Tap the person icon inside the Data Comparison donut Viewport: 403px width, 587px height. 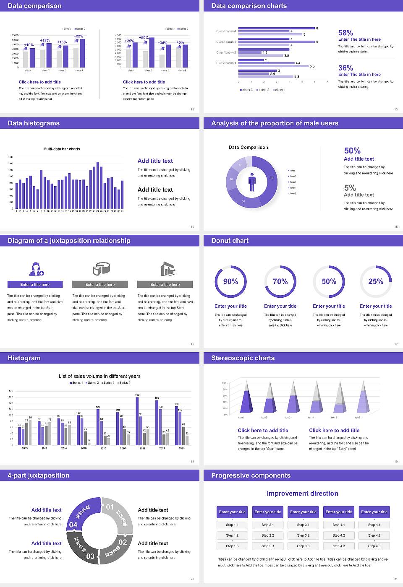pos(252,182)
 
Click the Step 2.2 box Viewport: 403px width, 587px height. pos(268,535)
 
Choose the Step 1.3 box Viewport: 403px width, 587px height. pos(232,546)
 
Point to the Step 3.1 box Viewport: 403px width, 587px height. pos(304,525)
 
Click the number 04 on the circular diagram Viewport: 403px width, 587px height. pos(73,525)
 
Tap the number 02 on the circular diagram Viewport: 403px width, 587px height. pos(123,542)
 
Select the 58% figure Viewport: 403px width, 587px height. pos(345,33)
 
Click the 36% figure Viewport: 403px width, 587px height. pos(345,68)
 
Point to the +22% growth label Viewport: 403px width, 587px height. pos(79,36)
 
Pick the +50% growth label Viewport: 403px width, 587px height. pos(144,38)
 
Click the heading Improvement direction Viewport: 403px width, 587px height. pos(302,493)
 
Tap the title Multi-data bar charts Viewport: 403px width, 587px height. pos(62,149)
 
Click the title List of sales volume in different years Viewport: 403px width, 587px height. pos(99,376)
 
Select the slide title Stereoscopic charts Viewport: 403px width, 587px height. pos(243,358)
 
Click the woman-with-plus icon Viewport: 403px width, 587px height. pos(36,269)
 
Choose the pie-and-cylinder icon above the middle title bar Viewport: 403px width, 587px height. pos(101,269)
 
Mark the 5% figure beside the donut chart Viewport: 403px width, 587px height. pos(350,188)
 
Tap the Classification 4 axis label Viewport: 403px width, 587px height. pos(226,31)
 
